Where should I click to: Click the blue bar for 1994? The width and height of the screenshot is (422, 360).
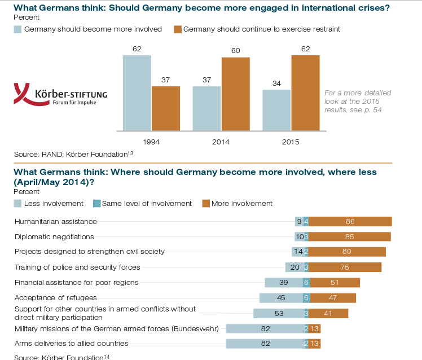(137, 92)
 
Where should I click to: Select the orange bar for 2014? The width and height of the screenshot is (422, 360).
(236, 93)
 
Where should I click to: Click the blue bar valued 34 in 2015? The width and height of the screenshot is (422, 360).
(276, 109)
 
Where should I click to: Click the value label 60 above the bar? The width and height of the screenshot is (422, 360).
(236, 51)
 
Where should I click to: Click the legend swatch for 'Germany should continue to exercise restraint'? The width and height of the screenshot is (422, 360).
(178, 29)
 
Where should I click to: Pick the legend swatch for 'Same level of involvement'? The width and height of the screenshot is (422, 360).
(96, 204)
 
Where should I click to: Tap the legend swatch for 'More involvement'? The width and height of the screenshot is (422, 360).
(206, 204)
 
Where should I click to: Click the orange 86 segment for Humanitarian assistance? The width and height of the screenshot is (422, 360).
(350, 222)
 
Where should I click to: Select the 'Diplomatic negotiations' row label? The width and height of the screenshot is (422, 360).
(54, 236)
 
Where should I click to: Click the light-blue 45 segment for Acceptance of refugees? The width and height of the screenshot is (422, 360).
(281, 298)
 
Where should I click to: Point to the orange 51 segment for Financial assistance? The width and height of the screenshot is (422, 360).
(335, 283)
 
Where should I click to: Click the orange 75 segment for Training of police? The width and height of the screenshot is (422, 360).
(345, 267)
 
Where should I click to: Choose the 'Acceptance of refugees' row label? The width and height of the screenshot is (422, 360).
(56, 297)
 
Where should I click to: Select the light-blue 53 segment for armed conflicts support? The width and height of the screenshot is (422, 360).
(278, 313)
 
